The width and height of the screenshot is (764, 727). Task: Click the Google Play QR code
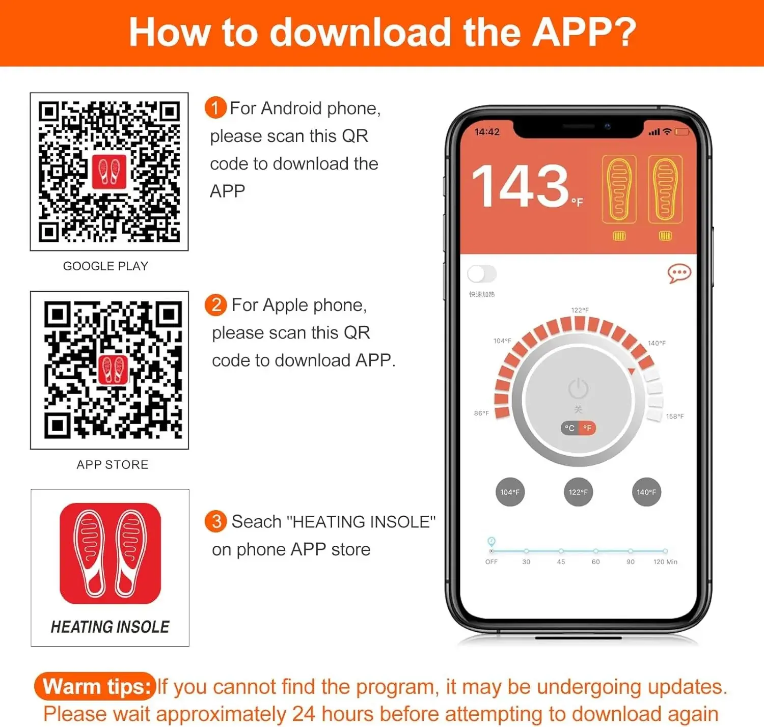pyautogui.click(x=109, y=172)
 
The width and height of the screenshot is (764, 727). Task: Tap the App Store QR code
pyautogui.click(x=113, y=370)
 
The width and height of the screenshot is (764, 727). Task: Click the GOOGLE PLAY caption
pyautogui.click(x=106, y=266)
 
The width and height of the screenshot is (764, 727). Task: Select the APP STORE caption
pyautogui.click(x=112, y=464)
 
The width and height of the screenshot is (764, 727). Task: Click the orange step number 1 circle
pyautogui.click(x=215, y=107)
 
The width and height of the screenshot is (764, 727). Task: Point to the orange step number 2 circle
pyautogui.click(x=215, y=304)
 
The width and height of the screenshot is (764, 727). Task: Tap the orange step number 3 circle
pyautogui.click(x=215, y=521)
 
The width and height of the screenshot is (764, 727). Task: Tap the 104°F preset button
pyautogui.click(x=510, y=492)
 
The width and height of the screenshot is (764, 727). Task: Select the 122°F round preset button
pyautogui.click(x=578, y=492)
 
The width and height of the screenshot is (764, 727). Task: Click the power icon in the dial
pyautogui.click(x=578, y=388)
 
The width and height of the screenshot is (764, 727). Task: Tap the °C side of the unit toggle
pyautogui.click(x=570, y=428)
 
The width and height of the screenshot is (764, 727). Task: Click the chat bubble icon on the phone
pyautogui.click(x=679, y=273)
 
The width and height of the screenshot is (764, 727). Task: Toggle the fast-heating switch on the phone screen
pyautogui.click(x=482, y=274)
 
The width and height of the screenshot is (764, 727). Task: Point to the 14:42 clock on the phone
pyautogui.click(x=487, y=132)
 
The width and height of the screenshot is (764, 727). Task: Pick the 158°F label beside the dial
pyautogui.click(x=675, y=416)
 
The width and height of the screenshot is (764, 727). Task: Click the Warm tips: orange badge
pyautogui.click(x=95, y=686)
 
